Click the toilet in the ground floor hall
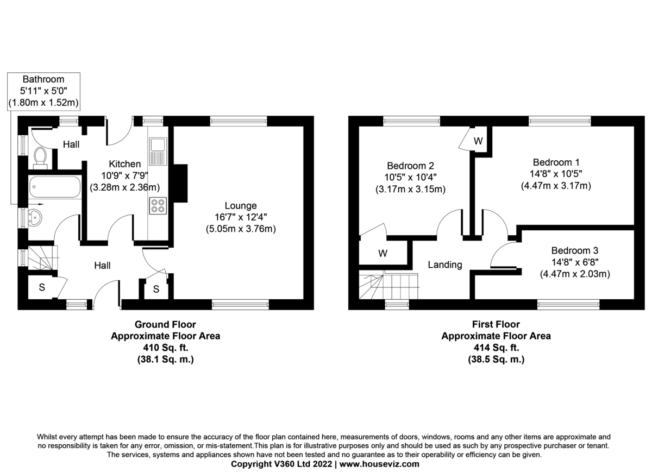(x=40, y=156)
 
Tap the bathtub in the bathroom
(x=54, y=188)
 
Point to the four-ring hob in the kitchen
(x=159, y=206)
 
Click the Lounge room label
(x=241, y=206)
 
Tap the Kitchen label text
(x=125, y=164)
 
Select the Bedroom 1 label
(x=553, y=162)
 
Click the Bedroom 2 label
(x=410, y=166)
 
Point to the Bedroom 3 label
(x=574, y=251)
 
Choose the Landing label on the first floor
(x=445, y=265)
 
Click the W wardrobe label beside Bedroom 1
(x=478, y=141)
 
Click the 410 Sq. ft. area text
(x=165, y=348)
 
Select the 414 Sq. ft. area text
(x=496, y=348)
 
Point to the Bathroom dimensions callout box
(x=43, y=90)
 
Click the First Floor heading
(x=496, y=324)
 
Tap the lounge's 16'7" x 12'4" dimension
(x=241, y=217)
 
